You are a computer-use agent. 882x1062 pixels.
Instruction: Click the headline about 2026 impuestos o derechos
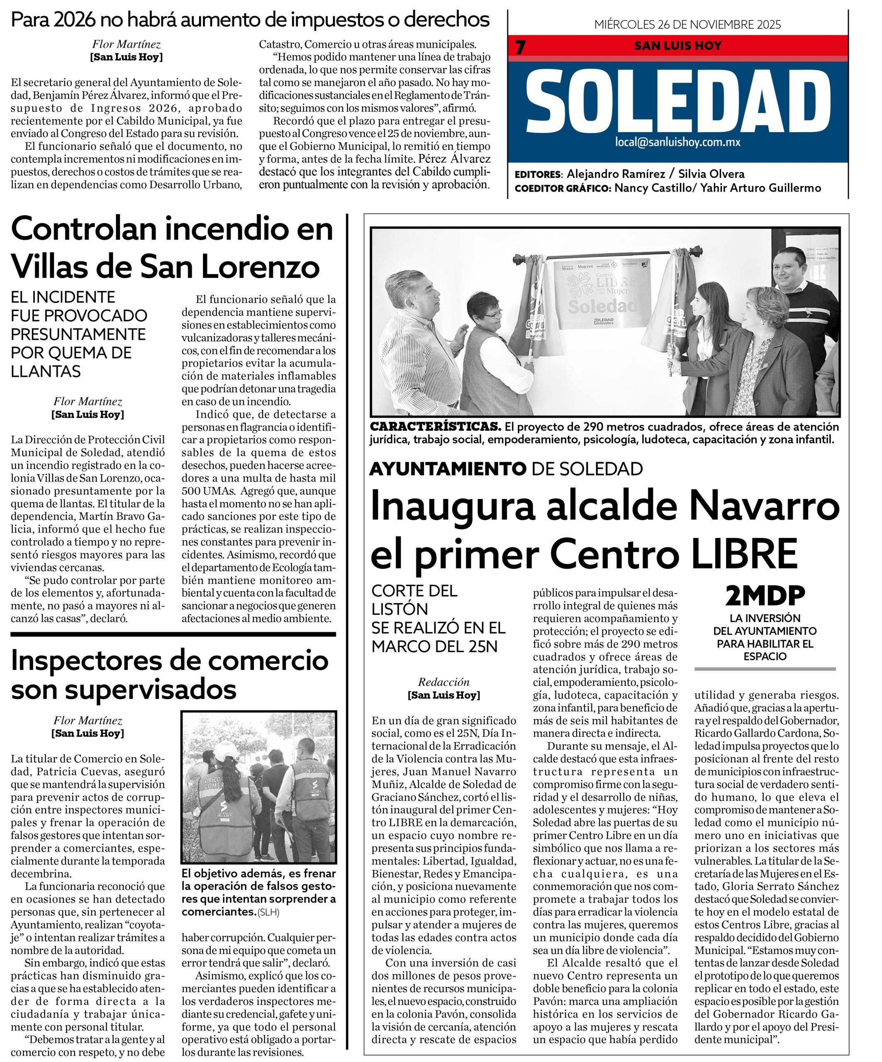(x=250, y=20)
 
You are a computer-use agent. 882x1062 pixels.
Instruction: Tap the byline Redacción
(x=443, y=682)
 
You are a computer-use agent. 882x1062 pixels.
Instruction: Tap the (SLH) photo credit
(x=268, y=913)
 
